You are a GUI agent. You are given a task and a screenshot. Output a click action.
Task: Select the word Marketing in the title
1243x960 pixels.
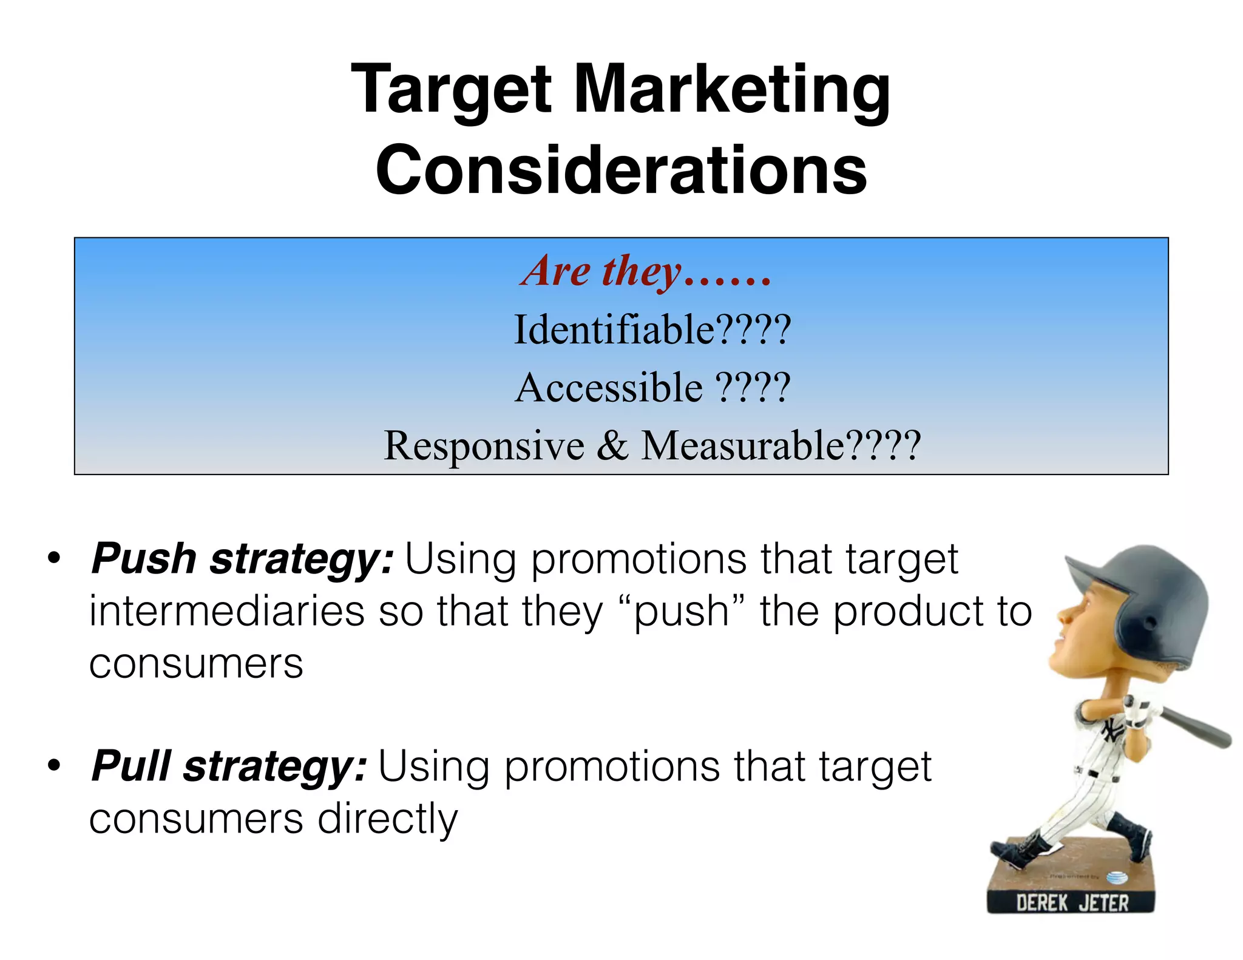coord(731,91)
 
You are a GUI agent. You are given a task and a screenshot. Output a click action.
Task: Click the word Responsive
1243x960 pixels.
coord(484,445)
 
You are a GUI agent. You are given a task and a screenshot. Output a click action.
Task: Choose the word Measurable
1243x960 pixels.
coord(742,445)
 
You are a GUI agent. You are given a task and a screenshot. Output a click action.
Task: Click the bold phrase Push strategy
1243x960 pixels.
coord(242,559)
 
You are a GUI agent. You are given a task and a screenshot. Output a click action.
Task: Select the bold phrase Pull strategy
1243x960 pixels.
coord(228,766)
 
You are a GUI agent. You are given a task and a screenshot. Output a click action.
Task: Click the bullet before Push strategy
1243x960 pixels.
coord(55,559)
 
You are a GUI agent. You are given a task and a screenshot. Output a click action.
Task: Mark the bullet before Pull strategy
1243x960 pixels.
coord(55,766)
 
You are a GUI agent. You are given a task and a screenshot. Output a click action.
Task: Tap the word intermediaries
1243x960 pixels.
coord(226,611)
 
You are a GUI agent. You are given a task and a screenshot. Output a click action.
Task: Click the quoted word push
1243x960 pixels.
coord(680,611)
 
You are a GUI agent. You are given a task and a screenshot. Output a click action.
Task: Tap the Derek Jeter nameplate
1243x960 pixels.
coord(1071,902)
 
